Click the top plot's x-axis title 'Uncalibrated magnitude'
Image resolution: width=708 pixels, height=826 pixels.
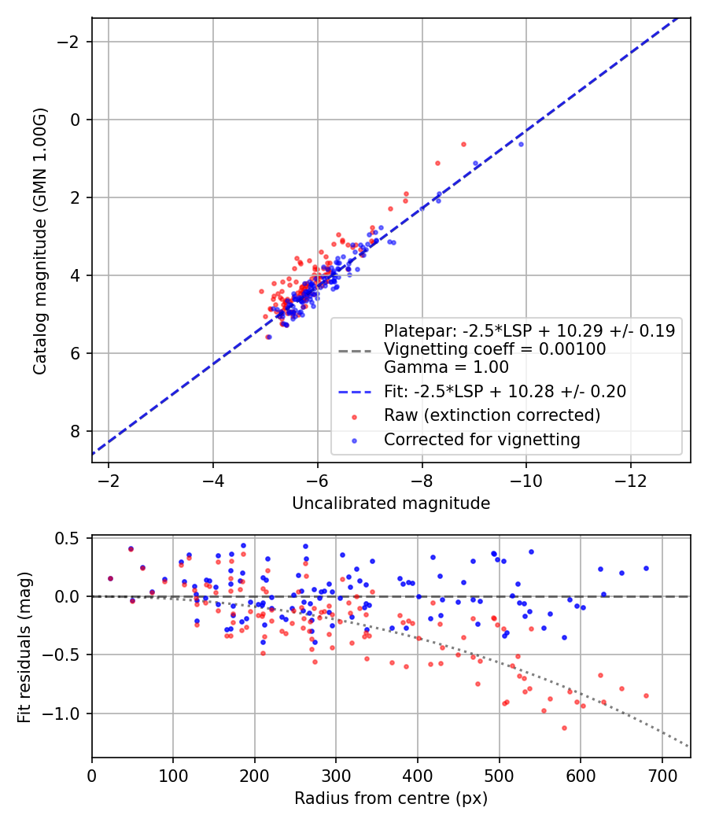point(391,503)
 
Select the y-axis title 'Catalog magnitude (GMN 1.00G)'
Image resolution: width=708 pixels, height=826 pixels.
point(40,241)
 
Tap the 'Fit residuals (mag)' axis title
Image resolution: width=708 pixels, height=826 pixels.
point(24,647)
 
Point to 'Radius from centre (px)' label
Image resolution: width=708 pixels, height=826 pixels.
point(391,798)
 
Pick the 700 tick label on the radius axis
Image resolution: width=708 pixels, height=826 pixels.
point(662,776)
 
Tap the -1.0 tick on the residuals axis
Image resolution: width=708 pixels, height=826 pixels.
point(68,714)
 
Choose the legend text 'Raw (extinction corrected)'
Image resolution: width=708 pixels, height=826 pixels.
point(492,415)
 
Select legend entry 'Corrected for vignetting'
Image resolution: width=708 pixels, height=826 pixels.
point(481,440)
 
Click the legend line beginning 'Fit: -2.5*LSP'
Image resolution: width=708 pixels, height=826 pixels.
point(504,390)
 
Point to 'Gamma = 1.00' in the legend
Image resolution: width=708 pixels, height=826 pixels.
point(446,367)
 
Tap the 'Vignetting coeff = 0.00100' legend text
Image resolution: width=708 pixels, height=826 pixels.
point(495,348)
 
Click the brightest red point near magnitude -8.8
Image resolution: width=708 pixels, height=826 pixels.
point(463,144)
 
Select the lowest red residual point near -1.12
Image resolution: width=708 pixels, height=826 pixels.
point(564,728)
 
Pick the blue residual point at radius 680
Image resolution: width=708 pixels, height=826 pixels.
point(646,568)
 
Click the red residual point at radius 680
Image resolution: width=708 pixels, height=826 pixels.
point(646,695)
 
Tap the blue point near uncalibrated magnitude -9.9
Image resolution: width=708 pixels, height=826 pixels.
point(521,144)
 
